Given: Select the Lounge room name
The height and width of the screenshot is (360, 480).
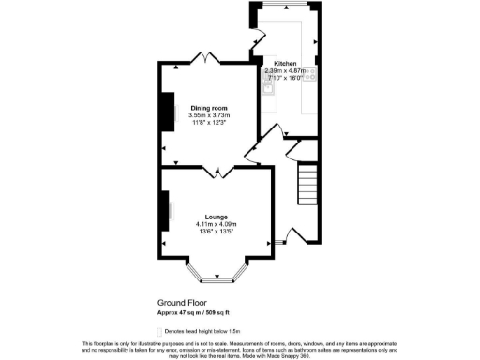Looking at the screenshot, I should (x=217, y=217).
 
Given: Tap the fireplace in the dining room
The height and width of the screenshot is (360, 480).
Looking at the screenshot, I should (x=168, y=109).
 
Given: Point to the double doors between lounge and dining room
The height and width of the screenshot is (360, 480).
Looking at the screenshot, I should (x=217, y=171).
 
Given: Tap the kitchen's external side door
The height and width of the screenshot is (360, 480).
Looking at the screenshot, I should (x=255, y=42).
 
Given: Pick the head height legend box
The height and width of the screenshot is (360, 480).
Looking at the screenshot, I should (x=157, y=331).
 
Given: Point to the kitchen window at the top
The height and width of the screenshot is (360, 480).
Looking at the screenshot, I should (x=286, y=5).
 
